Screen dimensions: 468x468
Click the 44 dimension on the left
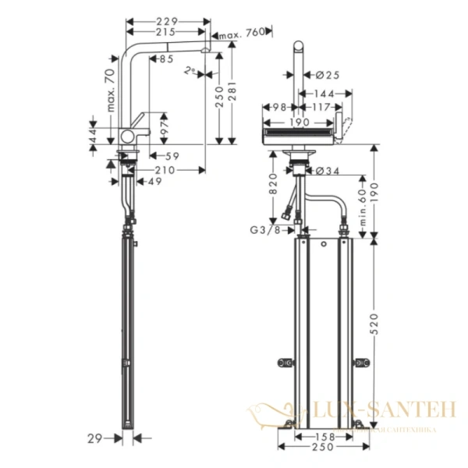[94, 136]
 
